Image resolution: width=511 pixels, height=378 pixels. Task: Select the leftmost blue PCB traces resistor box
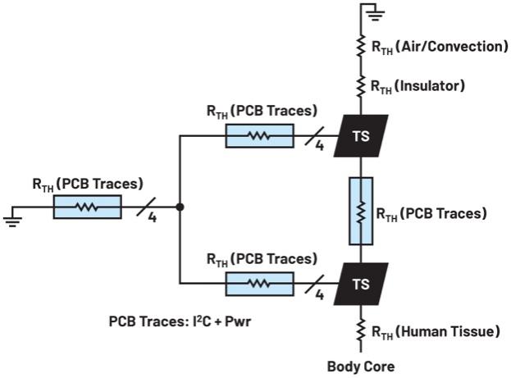click(87, 207)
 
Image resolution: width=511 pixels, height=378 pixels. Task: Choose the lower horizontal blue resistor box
click(259, 283)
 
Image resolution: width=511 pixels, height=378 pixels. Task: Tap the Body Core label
click(362, 367)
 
